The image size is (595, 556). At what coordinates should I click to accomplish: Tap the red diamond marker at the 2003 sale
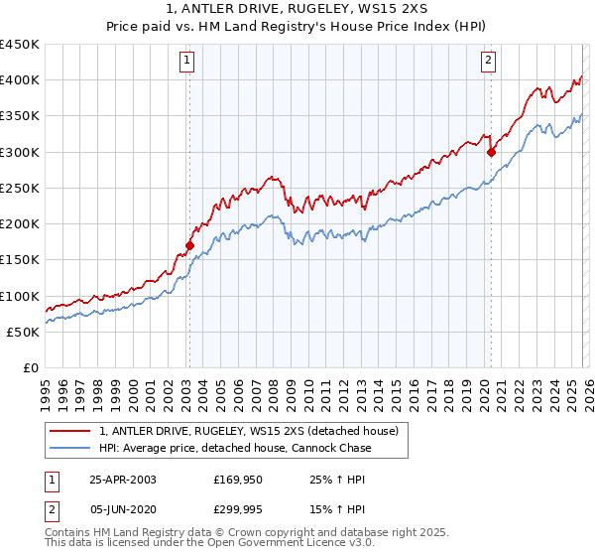[189, 244]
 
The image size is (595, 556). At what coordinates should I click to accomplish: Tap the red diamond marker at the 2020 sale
[491, 152]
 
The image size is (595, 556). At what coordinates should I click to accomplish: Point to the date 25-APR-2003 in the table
[123, 480]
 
